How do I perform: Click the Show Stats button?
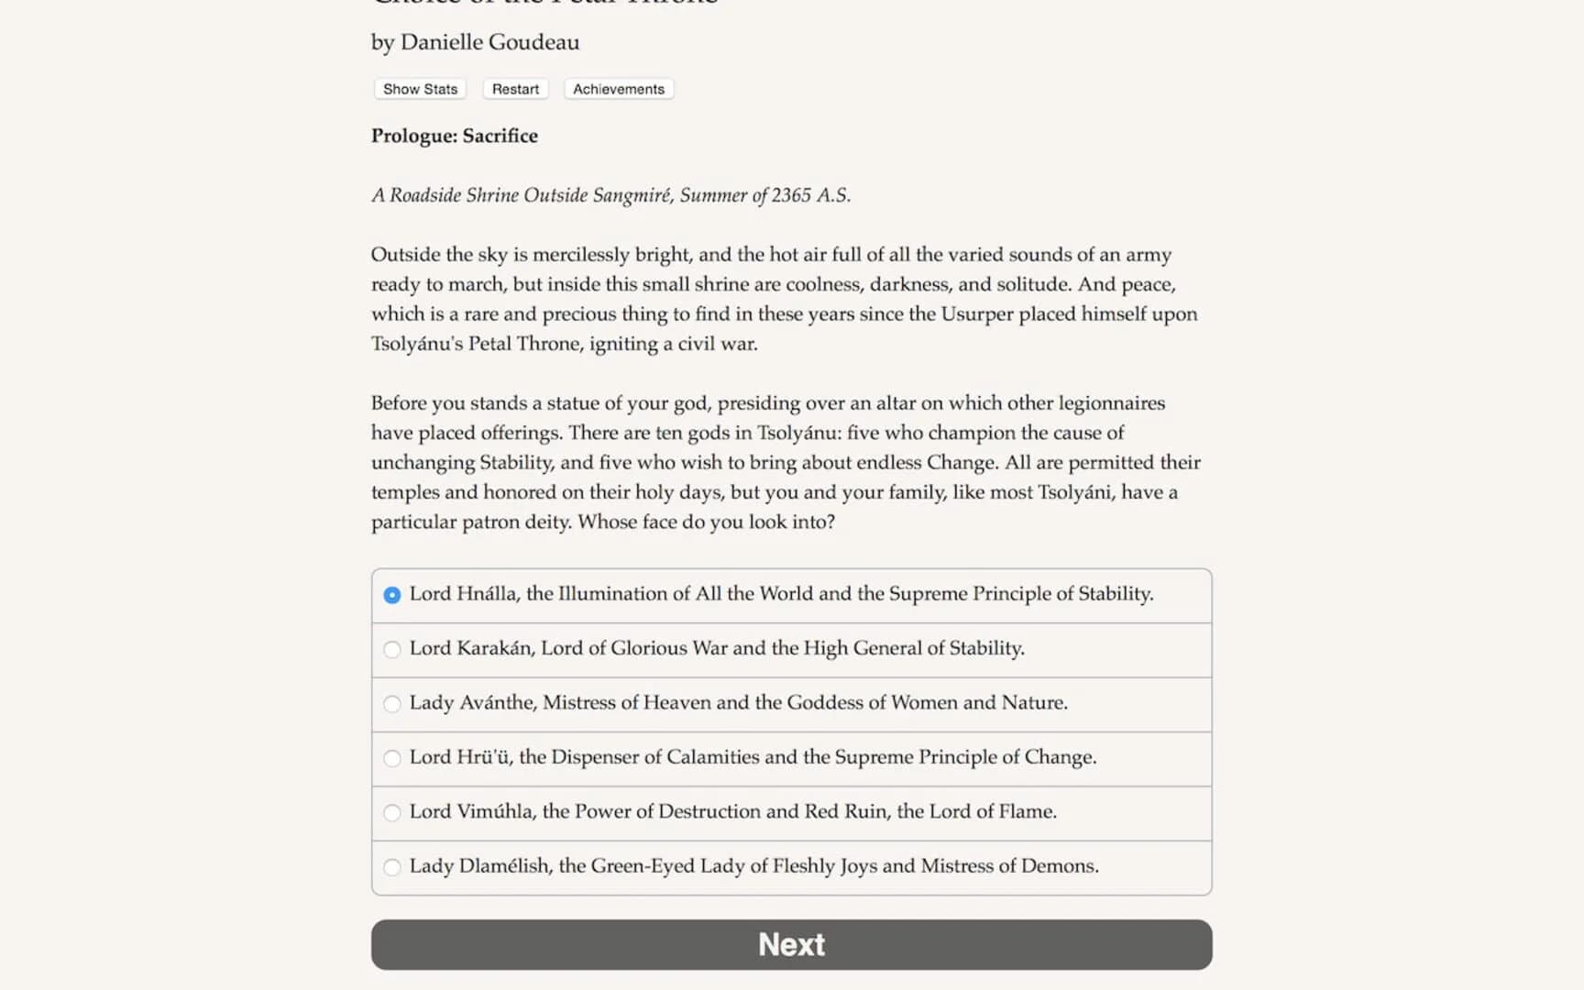[x=420, y=89]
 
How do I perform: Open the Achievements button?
[x=619, y=89]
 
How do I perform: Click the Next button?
[x=791, y=944]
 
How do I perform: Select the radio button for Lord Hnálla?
[x=392, y=595]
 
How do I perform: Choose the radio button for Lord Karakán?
[x=392, y=650]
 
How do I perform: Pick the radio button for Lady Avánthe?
[x=392, y=704]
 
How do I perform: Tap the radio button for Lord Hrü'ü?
[x=392, y=758]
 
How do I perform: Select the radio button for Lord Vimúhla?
[x=392, y=813]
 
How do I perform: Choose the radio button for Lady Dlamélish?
[x=392, y=867]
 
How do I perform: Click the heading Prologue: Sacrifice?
[x=455, y=136]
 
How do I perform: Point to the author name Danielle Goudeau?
[x=489, y=42]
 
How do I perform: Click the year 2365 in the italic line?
[x=791, y=195]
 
